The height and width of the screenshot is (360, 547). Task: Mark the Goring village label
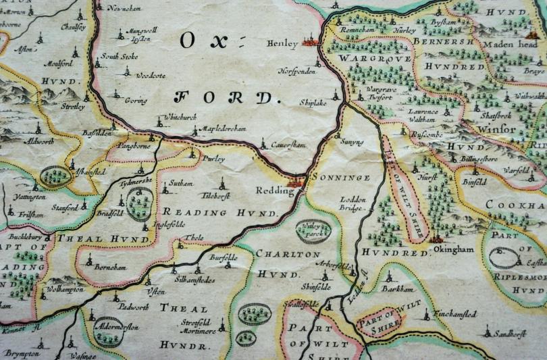[136, 101]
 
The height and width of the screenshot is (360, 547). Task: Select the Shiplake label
[313, 102]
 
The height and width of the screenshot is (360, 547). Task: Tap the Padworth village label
[131, 306]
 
